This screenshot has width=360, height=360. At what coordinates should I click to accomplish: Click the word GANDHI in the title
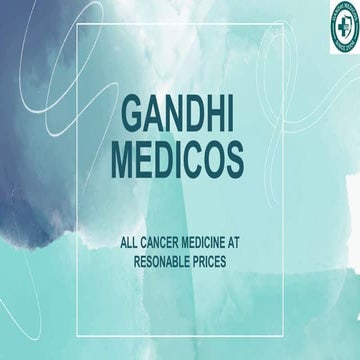tap(181, 113)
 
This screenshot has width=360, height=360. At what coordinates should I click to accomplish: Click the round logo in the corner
tap(335, 26)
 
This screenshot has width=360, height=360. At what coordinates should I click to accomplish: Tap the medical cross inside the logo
tap(335, 26)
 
